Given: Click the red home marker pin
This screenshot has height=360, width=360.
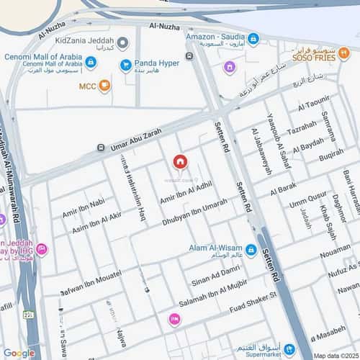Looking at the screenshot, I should pyautogui.click(x=180, y=162).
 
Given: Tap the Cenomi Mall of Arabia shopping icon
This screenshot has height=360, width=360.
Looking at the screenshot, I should pyautogui.click(x=91, y=63).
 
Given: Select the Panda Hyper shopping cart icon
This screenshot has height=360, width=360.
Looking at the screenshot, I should pyautogui.click(x=126, y=66).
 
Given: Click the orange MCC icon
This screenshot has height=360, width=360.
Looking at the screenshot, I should pyautogui.click(x=105, y=86).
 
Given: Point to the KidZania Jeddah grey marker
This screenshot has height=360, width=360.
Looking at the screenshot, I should pyautogui.click(x=123, y=43).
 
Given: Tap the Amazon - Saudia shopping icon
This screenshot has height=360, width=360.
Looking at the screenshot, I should pyautogui.click(x=252, y=38).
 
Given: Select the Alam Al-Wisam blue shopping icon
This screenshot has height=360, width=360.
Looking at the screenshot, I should pyautogui.click(x=251, y=251).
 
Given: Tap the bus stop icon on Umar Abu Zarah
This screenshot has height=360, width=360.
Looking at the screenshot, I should pyautogui.click(x=101, y=148).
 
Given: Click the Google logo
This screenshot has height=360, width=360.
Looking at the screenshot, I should pyautogui.click(x=19, y=353).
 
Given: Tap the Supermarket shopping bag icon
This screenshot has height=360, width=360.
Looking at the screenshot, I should pyautogui.click(x=290, y=348).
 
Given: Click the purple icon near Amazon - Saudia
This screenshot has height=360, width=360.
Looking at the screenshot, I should pyautogui.click(x=229, y=68).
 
